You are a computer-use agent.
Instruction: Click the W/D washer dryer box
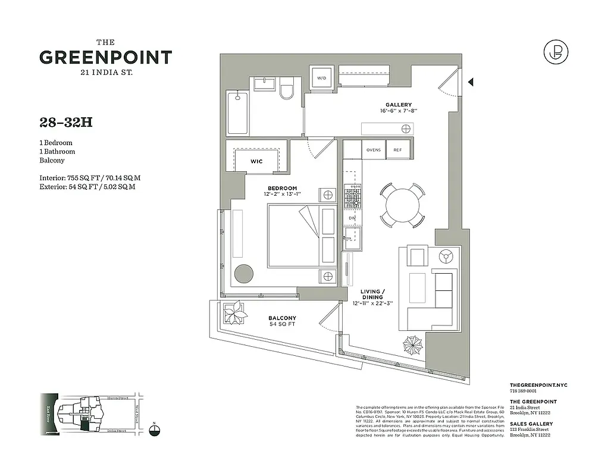[322, 78]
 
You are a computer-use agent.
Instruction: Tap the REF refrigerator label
[397, 151]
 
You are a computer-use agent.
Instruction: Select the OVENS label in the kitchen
[373, 151]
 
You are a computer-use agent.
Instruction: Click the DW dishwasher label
[352, 218]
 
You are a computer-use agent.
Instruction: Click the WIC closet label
[256, 161]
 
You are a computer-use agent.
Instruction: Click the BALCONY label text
[282, 318]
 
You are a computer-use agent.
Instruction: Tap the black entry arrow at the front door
[471, 82]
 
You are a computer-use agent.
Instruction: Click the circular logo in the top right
[556, 52]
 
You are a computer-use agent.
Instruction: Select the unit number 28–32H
[66, 123]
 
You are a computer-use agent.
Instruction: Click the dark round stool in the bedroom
[243, 274]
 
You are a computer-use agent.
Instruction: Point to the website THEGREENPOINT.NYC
[539, 386]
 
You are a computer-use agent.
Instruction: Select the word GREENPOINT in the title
[106, 58]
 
